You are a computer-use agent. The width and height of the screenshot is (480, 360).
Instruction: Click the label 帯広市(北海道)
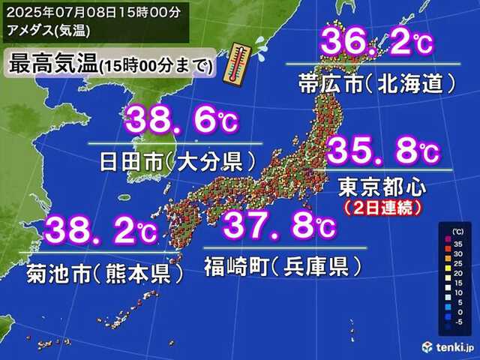372,82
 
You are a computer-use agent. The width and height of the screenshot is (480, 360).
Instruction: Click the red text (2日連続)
379,204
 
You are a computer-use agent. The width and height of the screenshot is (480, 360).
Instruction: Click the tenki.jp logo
448,346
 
